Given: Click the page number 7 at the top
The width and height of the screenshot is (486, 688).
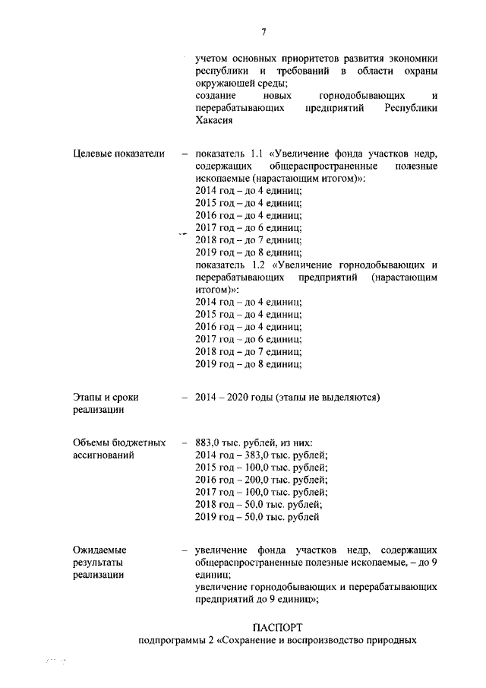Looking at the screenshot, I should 264,32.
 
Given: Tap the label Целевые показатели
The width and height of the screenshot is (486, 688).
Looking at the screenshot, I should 118,154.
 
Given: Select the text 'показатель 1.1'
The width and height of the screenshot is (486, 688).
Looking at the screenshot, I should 227,154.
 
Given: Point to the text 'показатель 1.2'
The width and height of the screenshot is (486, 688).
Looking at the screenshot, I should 227,265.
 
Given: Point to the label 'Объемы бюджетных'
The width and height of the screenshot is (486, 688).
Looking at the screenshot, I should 119,443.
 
